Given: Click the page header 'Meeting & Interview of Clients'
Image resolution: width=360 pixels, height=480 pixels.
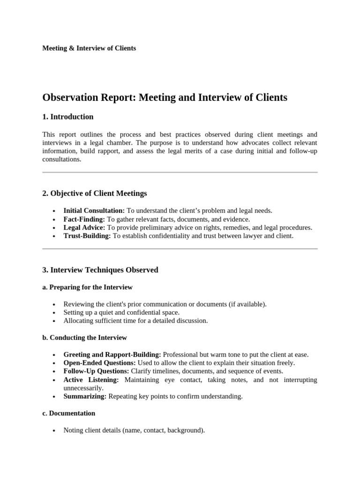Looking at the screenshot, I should [89, 48].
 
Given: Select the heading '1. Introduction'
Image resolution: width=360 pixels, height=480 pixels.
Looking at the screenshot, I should [68, 117].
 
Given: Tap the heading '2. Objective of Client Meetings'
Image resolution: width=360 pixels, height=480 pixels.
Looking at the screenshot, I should [95, 193].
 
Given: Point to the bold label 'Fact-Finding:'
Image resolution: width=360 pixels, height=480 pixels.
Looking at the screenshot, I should [84, 219].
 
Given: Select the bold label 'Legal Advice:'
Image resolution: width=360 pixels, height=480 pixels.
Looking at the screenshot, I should [84, 227].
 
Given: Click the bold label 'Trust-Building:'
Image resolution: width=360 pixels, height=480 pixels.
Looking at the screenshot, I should [87, 236].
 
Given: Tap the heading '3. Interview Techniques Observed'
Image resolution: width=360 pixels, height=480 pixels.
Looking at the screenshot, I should [100, 270].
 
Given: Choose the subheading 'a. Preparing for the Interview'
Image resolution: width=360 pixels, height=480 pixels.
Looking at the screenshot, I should [88, 287].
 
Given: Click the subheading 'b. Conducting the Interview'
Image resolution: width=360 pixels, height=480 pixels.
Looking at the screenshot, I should [84, 337].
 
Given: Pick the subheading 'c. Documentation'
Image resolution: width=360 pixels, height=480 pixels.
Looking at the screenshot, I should [69, 413].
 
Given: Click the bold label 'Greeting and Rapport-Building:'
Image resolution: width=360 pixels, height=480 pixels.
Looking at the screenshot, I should [112, 354].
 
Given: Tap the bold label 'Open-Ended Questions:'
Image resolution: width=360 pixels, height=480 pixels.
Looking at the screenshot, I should [99, 363].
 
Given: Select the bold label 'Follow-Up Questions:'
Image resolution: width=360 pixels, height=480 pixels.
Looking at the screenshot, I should [96, 371].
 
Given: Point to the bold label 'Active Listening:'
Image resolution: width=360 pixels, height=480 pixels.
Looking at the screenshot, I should [91, 380].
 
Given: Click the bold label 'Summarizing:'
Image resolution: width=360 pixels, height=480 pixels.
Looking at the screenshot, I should [85, 397].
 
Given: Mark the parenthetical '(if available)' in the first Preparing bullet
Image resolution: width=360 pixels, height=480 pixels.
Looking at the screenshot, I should [247, 304].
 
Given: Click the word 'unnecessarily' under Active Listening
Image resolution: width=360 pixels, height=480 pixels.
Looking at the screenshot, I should [83, 388].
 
